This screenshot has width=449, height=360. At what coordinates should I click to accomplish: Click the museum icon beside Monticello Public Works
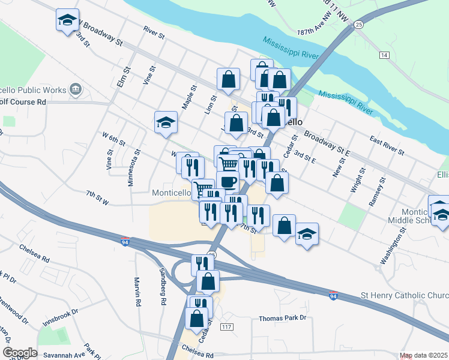click(76, 90)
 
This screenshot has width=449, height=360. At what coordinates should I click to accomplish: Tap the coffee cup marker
click(228, 181)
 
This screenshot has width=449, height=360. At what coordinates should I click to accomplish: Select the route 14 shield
click(384, 55)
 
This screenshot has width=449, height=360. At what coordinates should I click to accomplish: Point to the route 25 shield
click(359, 24)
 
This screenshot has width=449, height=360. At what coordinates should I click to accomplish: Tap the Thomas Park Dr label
click(283, 318)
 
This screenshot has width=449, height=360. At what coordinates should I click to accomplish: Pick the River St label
click(154, 32)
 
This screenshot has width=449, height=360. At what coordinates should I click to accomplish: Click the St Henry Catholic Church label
click(403, 295)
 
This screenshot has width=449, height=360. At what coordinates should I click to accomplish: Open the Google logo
click(20, 353)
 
